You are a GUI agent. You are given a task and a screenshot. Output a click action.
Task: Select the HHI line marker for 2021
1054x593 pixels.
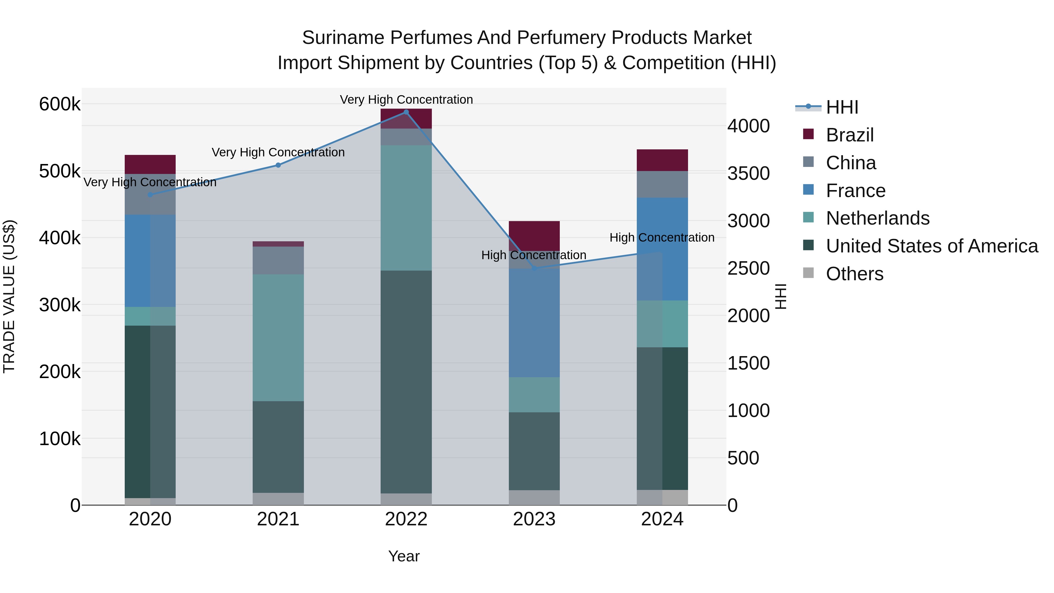click(278, 165)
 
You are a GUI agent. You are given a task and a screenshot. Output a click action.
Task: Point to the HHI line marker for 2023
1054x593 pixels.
click(534, 269)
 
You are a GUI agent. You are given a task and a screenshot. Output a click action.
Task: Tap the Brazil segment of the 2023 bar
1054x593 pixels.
click(534, 236)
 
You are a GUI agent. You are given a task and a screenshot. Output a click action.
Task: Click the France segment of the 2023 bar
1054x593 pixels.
click(534, 323)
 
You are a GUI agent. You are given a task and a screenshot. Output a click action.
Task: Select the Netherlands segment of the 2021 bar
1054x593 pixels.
click(278, 338)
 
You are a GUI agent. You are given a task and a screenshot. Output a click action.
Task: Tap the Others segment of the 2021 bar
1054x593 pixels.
click(278, 499)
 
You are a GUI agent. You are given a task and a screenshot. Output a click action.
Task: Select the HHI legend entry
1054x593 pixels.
click(842, 107)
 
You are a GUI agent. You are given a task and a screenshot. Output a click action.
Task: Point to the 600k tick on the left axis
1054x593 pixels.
click(60, 104)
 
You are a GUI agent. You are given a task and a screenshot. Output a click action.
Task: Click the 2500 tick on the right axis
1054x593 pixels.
click(748, 269)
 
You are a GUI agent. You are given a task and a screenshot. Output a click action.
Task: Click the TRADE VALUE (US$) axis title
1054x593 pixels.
click(9, 296)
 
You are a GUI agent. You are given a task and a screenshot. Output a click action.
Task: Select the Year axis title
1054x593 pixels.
click(404, 556)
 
